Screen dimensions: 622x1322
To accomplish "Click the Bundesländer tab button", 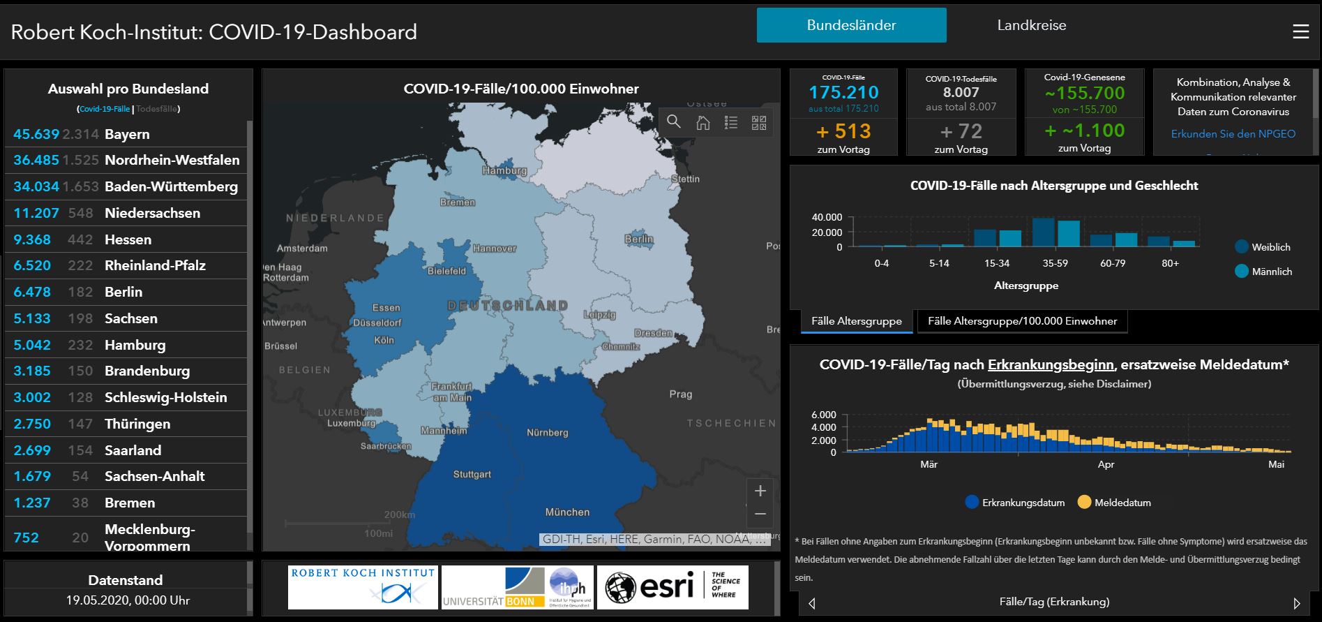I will tap(851, 26).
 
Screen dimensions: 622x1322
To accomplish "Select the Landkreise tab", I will tap(1031, 26).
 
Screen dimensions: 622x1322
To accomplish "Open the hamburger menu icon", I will tap(1300, 32).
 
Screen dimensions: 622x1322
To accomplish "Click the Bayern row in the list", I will tap(126, 134).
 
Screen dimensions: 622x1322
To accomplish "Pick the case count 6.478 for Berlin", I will tap(32, 292).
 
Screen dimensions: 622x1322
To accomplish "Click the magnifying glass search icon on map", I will tap(673, 122).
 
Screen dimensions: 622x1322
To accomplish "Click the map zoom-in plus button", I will tap(760, 491).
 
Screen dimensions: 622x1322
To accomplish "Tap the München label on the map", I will tap(566, 512).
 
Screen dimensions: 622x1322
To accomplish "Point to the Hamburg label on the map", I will tap(504, 170).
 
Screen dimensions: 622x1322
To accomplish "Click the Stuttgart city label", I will tap(472, 475).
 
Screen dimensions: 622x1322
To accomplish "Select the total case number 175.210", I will tap(843, 92).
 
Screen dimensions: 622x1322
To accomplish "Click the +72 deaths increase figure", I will tap(961, 131).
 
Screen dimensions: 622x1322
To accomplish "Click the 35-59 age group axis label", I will tap(1055, 264).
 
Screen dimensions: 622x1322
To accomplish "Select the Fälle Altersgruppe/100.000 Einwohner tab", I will tap(1022, 321).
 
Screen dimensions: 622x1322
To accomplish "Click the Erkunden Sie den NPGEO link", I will tap(1233, 134).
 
